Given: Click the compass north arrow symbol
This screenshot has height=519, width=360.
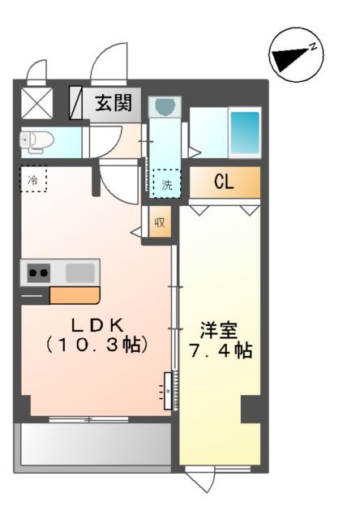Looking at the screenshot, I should (x=295, y=57).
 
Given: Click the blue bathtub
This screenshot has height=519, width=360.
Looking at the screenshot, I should (x=244, y=133).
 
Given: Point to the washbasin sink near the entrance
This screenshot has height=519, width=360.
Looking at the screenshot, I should (x=165, y=106).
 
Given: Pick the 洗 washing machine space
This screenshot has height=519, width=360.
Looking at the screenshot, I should (x=166, y=183).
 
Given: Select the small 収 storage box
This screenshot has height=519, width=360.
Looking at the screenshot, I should (x=159, y=222).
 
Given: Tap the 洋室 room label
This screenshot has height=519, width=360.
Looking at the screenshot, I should (x=219, y=331).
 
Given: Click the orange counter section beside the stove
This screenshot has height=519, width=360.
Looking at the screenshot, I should (x=74, y=295).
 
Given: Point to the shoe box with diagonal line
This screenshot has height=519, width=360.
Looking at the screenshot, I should (x=76, y=103).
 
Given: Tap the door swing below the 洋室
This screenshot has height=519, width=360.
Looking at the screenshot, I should (x=199, y=478).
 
